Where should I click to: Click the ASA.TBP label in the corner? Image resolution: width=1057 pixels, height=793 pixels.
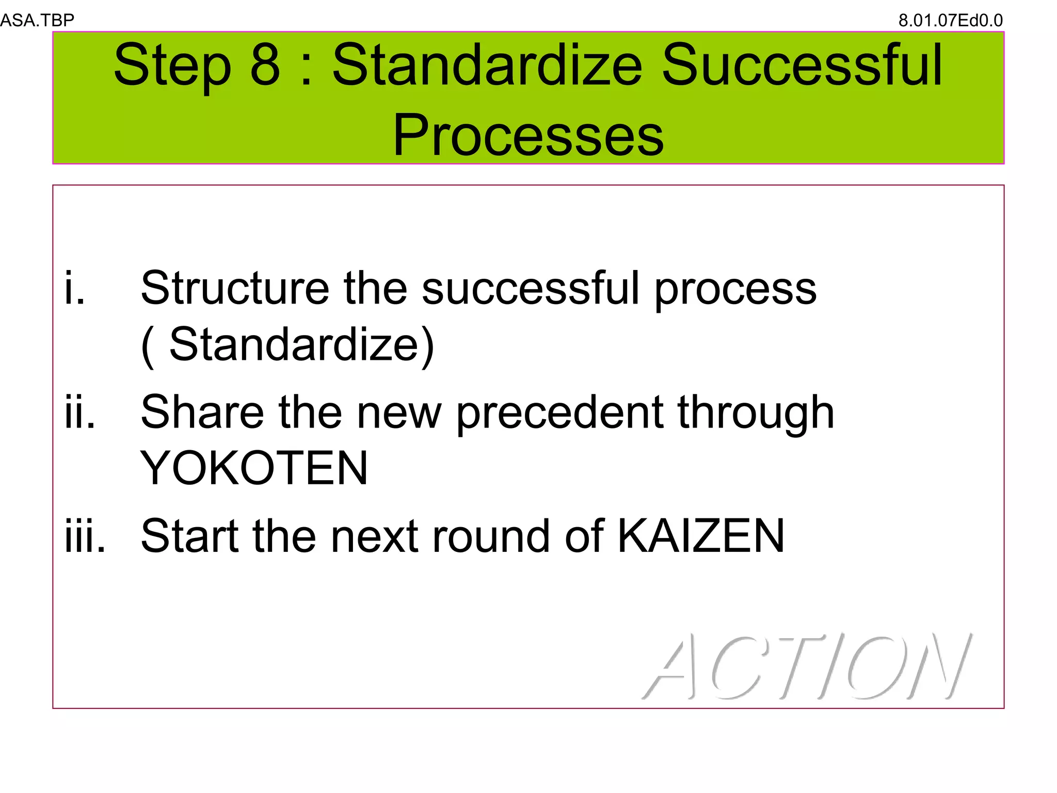click(x=37, y=20)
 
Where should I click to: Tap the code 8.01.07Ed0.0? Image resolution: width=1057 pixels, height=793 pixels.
click(x=950, y=21)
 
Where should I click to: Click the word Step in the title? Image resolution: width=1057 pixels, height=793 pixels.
click(x=172, y=66)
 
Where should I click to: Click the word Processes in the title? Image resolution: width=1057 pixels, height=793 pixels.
click(x=528, y=135)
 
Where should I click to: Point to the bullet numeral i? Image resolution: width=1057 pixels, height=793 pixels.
click(x=74, y=288)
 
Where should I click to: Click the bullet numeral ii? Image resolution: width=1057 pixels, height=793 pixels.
click(x=80, y=412)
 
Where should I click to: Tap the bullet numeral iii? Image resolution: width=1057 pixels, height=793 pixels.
click(x=85, y=536)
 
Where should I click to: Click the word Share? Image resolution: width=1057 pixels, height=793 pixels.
click(x=202, y=412)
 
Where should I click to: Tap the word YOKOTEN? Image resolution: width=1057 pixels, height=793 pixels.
click(x=254, y=468)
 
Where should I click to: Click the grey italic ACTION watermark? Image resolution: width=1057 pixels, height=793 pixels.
click(x=808, y=666)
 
